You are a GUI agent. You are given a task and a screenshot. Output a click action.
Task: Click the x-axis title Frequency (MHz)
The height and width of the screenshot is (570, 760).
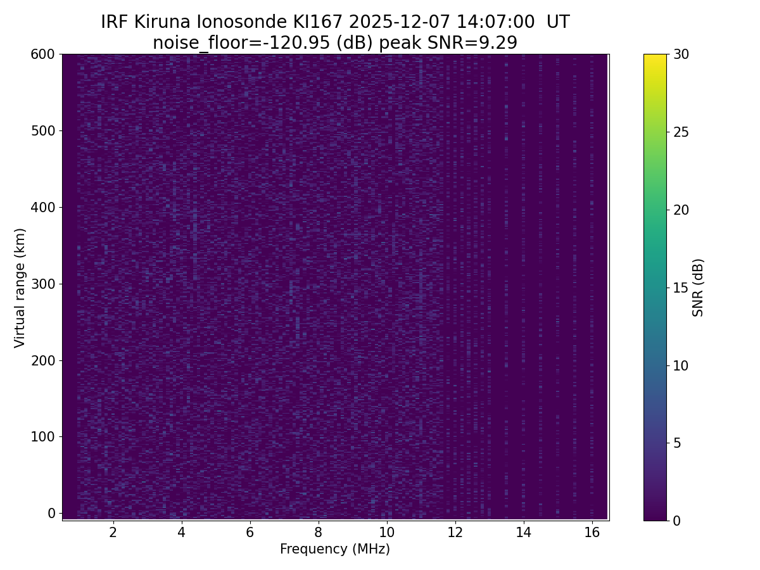coord(335,549)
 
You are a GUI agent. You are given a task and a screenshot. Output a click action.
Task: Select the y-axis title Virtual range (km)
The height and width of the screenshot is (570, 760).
coord(20,288)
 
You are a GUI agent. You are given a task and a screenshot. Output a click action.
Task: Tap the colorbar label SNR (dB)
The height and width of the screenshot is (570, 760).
coord(698,288)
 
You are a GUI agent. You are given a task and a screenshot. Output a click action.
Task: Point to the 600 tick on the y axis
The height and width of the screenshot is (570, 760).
coord(43,54)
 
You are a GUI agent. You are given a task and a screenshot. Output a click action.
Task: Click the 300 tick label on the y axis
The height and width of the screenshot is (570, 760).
coord(43,284)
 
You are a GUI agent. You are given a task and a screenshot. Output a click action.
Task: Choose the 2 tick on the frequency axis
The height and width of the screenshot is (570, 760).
coord(113,532)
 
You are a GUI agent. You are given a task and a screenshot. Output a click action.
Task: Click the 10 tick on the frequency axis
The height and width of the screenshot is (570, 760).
coord(386,532)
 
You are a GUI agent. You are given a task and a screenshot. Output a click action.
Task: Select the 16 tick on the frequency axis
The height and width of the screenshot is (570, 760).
coord(592,532)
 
